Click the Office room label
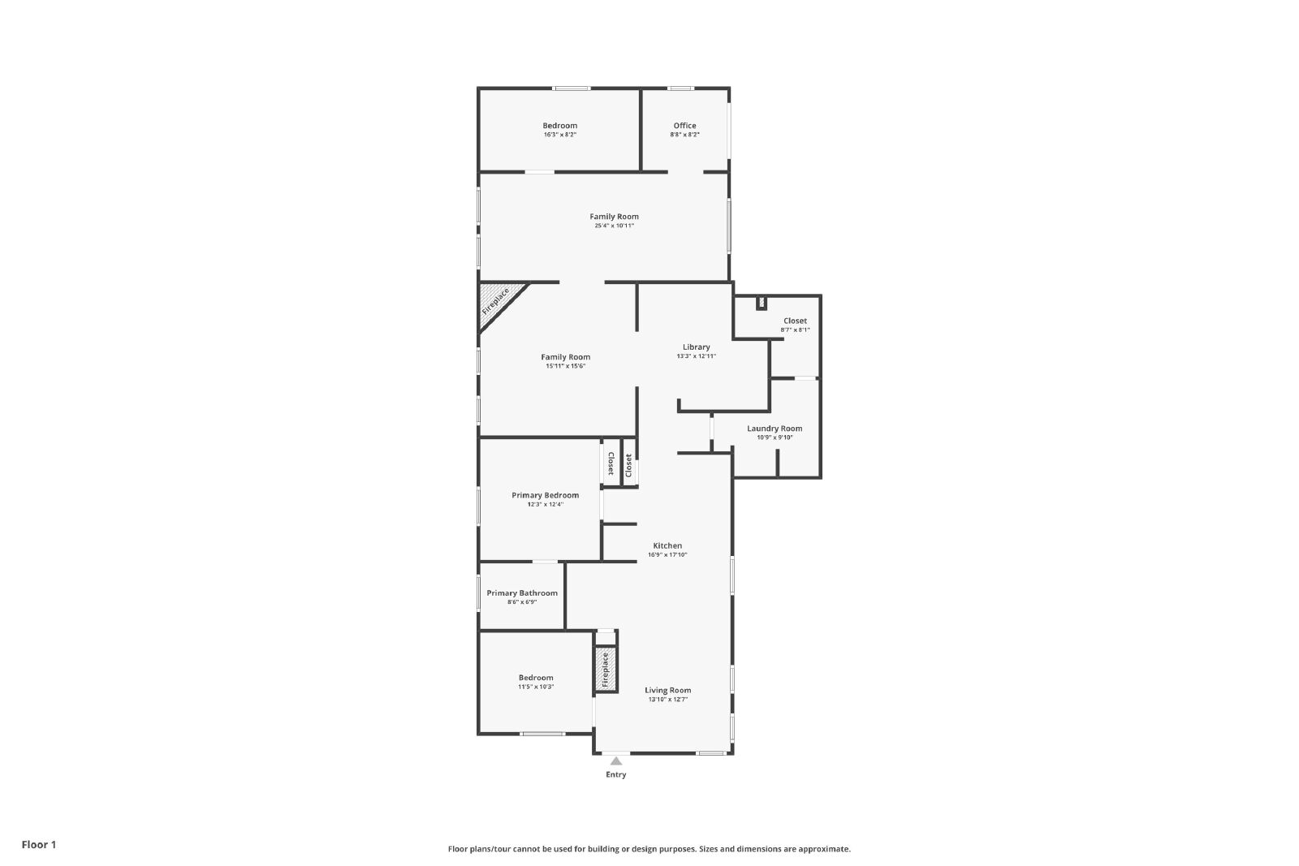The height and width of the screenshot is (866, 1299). (x=684, y=125)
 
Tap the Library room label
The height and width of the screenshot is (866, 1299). (x=696, y=347)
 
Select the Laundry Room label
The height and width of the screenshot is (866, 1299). (x=775, y=429)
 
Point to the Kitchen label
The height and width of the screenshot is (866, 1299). (x=667, y=545)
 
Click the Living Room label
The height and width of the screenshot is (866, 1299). (x=667, y=690)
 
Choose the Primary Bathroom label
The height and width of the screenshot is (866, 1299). (x=522, y=593)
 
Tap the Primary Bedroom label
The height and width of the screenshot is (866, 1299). (x=545, y=495)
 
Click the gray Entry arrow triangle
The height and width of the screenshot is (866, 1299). (x=616, y=761)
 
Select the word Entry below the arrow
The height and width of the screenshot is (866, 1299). (x=616, y=774)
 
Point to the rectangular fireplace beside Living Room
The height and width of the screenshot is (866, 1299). (x=606, y=669)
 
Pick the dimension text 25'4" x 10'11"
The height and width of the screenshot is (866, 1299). (x=614, y=226)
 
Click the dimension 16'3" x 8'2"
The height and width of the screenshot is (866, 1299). (x=559, y=135)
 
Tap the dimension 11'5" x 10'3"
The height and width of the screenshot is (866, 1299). (x=536, y=687)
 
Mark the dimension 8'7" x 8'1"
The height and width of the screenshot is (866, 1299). (x=795, y=330)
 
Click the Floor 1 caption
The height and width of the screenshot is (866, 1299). (x=39, y=845)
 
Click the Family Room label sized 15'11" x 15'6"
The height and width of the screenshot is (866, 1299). (x=565, y=357)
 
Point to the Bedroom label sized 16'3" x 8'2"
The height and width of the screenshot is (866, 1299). (x=559, y=125)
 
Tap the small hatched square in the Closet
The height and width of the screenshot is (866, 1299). (x=762, y=302)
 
